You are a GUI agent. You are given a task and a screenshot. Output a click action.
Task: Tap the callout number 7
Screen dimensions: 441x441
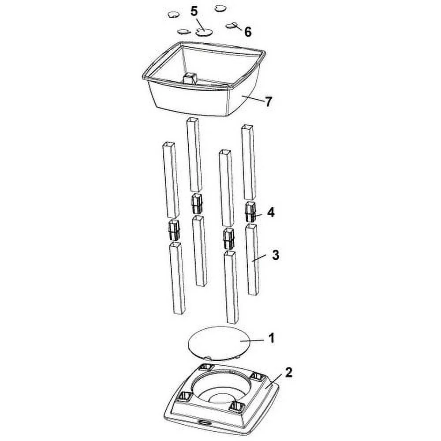tap(269, 101)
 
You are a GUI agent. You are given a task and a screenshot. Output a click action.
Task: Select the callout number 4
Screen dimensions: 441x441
tap(271, 212)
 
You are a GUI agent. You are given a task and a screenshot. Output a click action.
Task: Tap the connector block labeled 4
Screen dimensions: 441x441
tap(250, 212)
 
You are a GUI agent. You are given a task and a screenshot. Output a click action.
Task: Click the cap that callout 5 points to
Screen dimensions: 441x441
tap(204, 32)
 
